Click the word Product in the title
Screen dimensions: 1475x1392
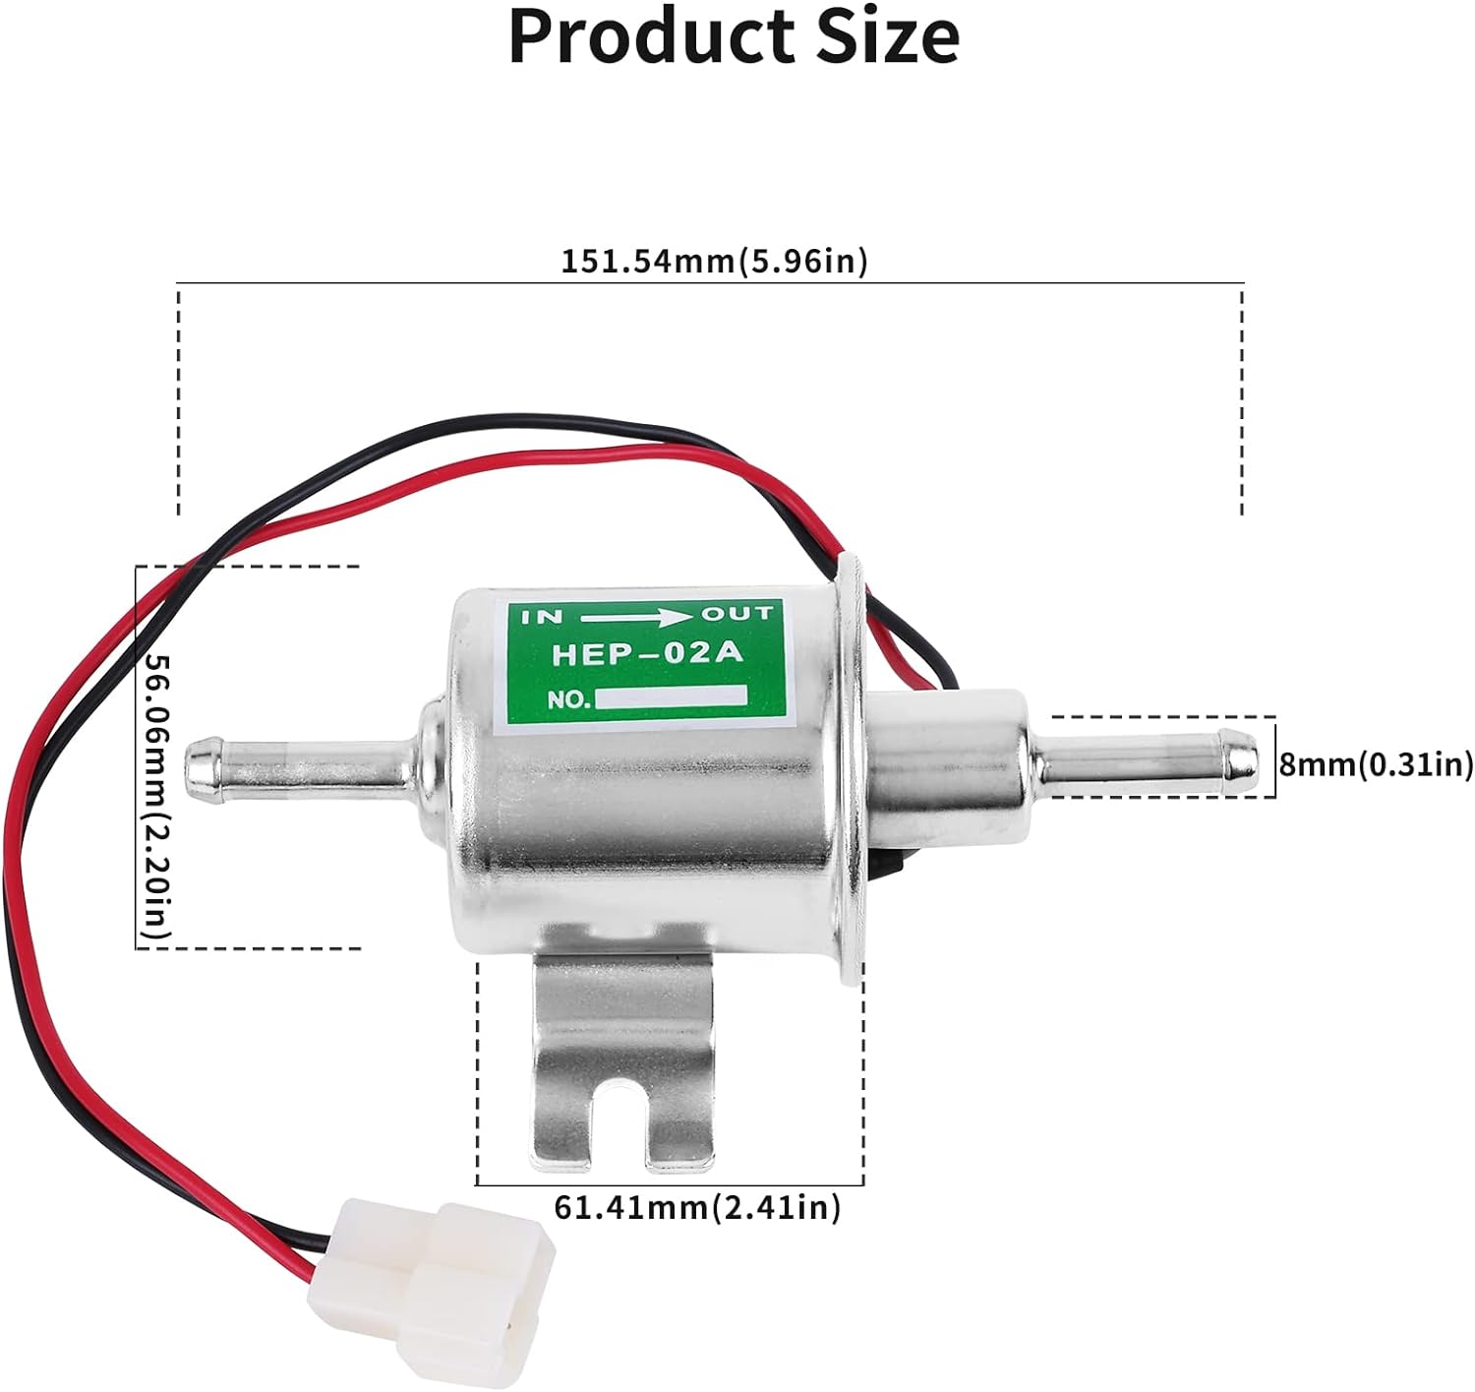click(651, 38)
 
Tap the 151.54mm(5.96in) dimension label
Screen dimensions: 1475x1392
click(714, 262)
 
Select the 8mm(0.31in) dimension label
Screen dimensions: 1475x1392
click(1376, 764)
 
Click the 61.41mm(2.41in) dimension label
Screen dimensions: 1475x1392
click(697, 1207)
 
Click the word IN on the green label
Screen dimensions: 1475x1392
click(543, 617)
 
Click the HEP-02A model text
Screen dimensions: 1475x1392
click(647, 654)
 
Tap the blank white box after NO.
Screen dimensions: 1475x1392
click(671, 697)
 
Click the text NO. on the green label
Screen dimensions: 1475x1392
click(569, 700)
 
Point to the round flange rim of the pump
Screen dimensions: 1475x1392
click(852, 773)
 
